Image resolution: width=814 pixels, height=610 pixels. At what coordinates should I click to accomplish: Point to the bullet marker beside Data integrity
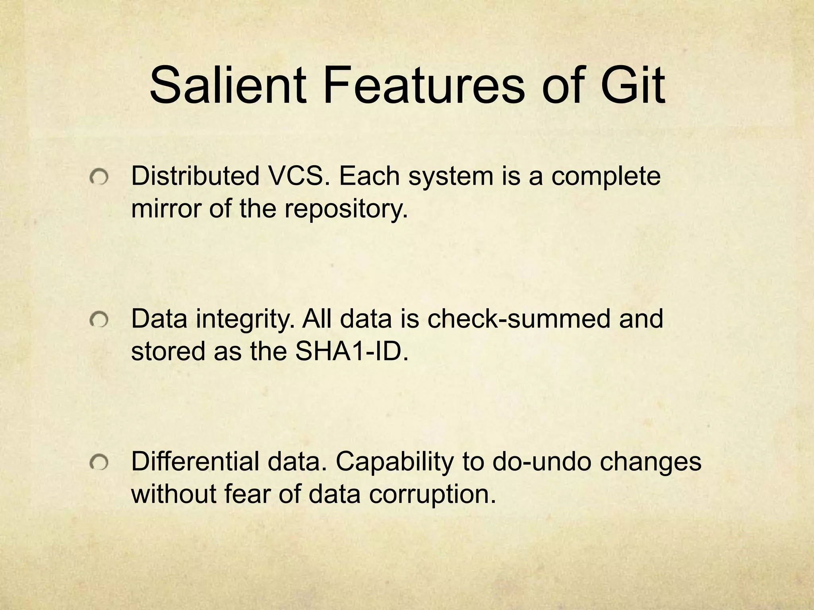pos(99,320)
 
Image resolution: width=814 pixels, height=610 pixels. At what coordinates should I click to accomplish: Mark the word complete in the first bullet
pos(606,177)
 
